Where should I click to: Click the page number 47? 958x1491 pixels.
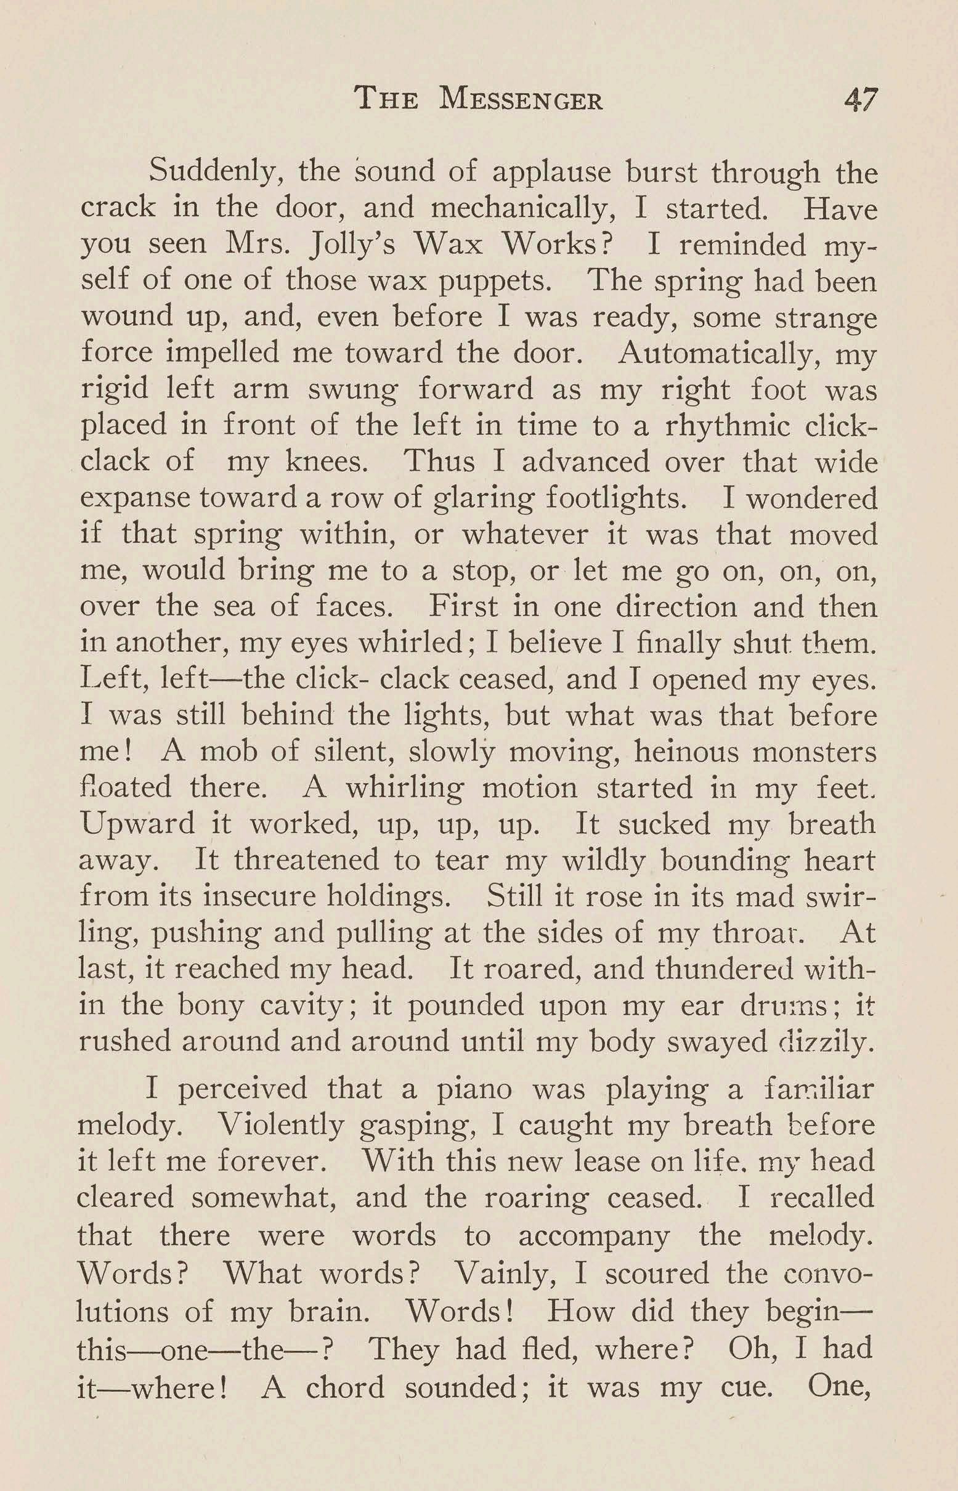[859, 99]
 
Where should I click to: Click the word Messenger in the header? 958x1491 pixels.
[521, 100]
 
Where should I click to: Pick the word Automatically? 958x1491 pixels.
[720, 354]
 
